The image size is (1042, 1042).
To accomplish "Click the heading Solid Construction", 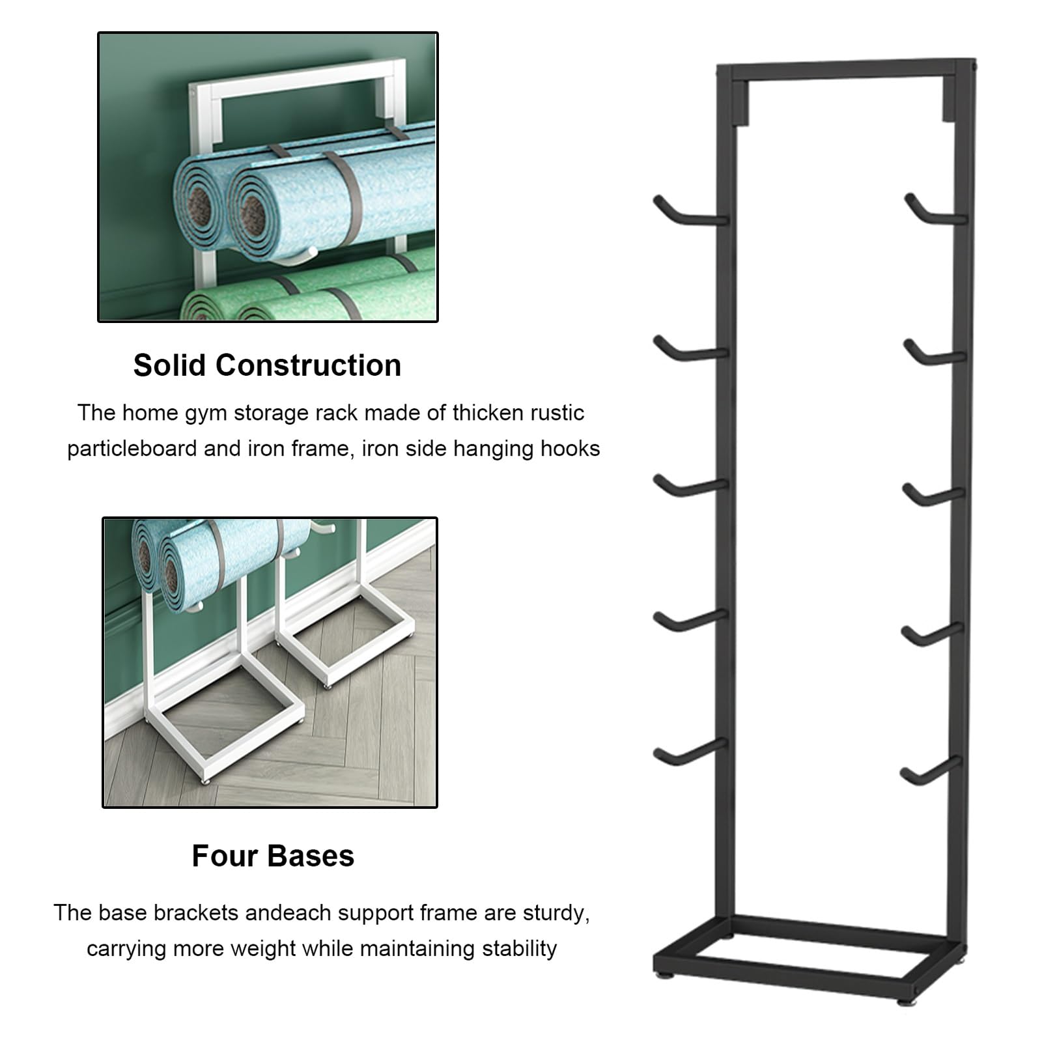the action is click(x=267, y=365).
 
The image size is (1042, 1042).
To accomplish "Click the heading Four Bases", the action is click(x=273, y=856).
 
